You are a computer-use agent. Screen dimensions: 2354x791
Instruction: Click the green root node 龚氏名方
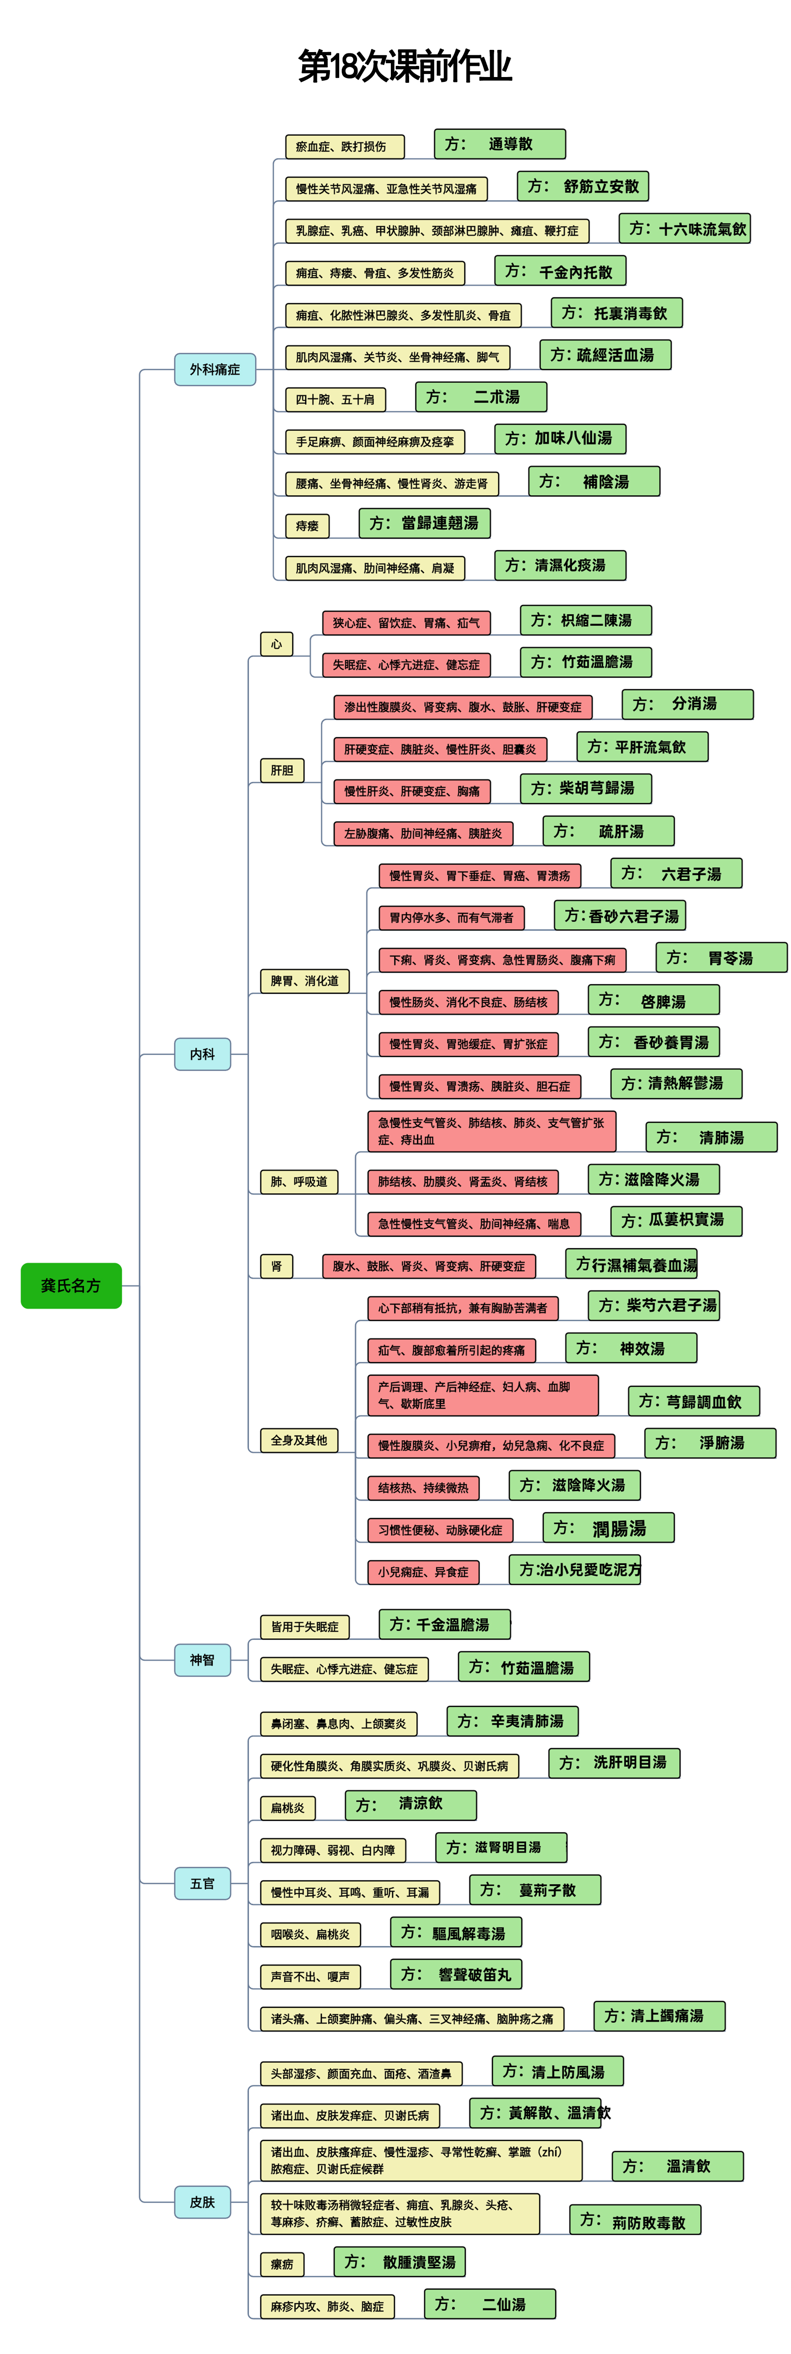point(70,1285)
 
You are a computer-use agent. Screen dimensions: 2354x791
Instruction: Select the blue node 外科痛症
point(215,369)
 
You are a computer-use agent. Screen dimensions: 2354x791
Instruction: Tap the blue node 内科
point(202,1054)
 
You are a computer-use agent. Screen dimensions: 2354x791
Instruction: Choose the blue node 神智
point(202,1660)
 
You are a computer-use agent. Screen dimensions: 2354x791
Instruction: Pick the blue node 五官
point(202,1883)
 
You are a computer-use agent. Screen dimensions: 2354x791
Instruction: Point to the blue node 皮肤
point(202,2202)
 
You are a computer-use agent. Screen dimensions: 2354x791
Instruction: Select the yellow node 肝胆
point(282,771)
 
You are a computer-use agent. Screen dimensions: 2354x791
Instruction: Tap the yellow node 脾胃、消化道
point(304,981)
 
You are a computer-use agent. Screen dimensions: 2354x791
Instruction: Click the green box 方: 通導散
point(499,143)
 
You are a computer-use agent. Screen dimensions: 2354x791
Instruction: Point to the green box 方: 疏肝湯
point(608,831)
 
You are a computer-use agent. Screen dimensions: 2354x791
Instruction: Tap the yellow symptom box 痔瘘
point(307,525)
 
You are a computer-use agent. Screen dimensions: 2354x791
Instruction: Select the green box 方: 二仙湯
point(489,2304)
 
